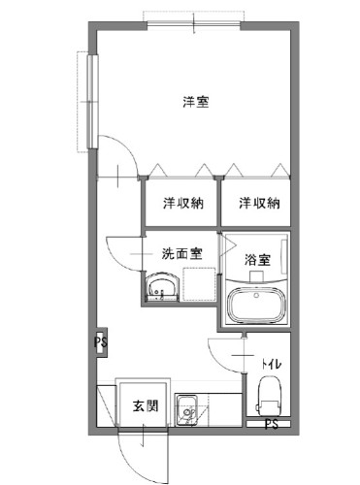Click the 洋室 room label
point(195,101)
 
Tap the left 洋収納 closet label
point(182,203)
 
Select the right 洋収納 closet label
point(261,203)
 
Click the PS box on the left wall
point(101,341)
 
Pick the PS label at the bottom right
point(273,425)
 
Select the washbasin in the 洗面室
point(161,288)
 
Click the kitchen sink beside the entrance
point(186,410)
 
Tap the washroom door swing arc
point(118,257)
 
